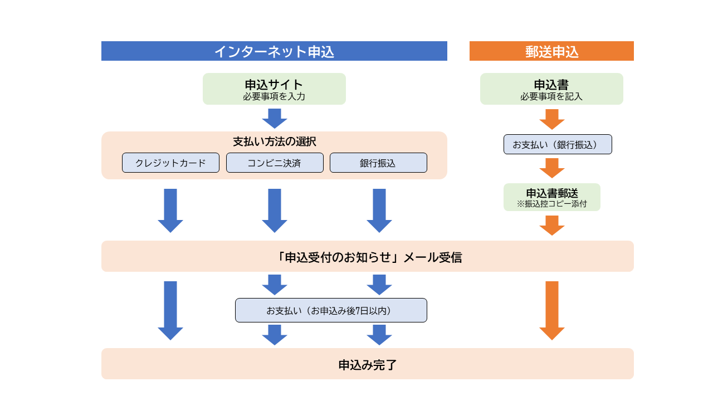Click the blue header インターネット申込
(274, 51)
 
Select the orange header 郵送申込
(551, 51)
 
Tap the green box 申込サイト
(274, 89)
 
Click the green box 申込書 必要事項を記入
(551, 89)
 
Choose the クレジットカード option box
(170, 163)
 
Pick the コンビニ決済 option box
(275, 163)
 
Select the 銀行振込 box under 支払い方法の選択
(378, 163)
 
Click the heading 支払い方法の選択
(274, 141)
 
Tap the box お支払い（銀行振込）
(558, 144)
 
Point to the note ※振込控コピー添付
(551, 204)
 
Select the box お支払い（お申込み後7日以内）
(331, 310)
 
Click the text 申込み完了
(368, 365)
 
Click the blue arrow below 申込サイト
(275, 118)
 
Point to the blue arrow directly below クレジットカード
(170, 210)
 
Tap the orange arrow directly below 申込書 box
(552, 119)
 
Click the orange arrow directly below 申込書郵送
(552, 225)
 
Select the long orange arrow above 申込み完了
(552, 310)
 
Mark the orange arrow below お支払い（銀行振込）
(552, 168)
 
